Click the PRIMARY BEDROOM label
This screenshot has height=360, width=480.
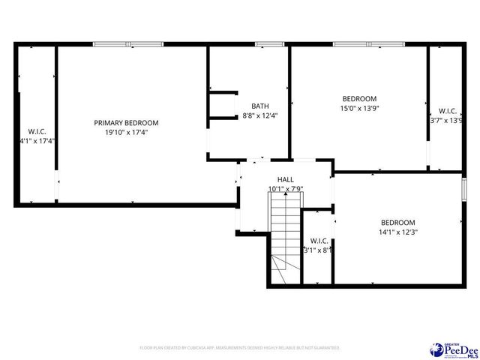tap(126, 122)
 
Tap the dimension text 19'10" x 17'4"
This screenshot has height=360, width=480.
tap(126, 132)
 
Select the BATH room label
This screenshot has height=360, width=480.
tap(259, 106)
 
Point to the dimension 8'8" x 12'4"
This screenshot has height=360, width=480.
tap(259, 115)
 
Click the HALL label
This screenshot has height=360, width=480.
tap(286, 179)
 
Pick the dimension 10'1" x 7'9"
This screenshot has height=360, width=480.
tap(286, 189)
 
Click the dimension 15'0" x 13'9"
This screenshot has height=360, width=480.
tap(360, 108)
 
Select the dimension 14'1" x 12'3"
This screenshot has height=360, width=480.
tap(397, 232)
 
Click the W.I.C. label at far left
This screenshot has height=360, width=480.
tap(37, 131)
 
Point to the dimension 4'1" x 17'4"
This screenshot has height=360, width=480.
tap(37, 140)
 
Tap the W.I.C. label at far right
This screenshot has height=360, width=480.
tap(448, 110)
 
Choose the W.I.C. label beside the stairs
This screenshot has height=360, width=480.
tap(318, 241)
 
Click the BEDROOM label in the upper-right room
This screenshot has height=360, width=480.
tap(360, 98)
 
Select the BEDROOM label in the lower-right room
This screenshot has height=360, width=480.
tap(397, 222)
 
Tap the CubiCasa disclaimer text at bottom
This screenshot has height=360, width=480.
tap(240, 348)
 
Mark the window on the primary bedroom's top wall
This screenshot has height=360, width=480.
tap(127, 44)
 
